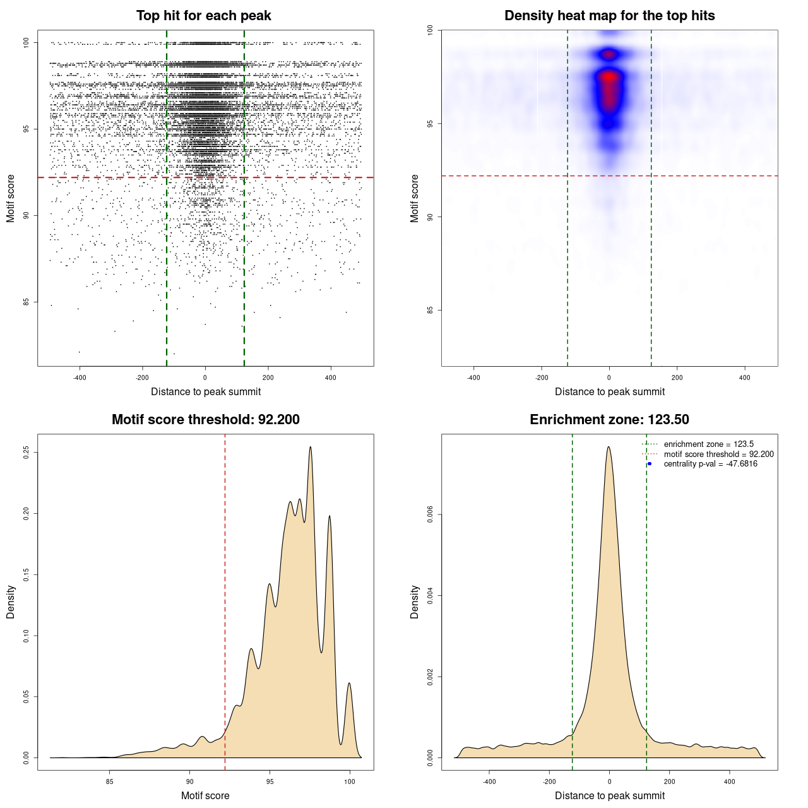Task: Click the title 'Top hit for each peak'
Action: (203, 16)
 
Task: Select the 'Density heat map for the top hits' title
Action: (609, 16)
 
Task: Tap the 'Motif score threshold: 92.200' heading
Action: (205, 420)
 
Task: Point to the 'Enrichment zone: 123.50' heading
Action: (609, 420)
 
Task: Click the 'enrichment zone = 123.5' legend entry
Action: (708, 444)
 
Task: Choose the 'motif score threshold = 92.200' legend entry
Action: (718, 454)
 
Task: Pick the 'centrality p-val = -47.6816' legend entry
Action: (710, 464)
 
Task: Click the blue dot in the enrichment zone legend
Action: (650, 464)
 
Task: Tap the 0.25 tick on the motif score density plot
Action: (27, 453)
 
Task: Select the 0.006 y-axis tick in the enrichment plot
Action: (431, 514)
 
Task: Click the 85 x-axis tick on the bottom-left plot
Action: (110, 781)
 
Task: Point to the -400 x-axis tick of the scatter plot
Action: (80, 377)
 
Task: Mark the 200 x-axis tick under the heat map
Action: (677, 377)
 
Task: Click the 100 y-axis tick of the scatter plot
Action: (27, 42)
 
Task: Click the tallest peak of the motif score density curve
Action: (310, 448)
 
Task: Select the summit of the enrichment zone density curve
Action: (609, 448)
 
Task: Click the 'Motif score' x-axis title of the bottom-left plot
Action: (205, 795)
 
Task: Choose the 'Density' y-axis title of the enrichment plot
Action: (415, 602)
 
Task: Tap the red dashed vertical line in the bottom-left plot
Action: (225, 600)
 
